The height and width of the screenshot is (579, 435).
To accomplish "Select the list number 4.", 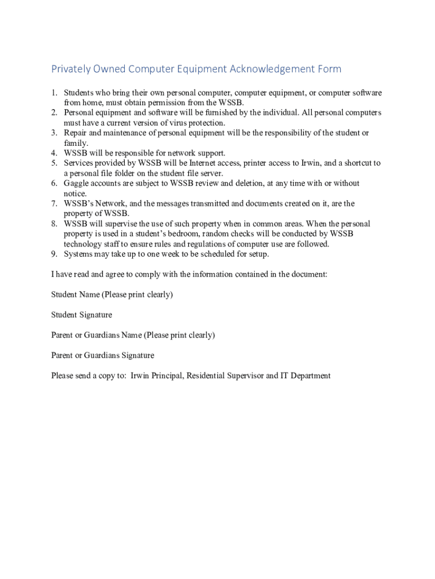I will (55, 153).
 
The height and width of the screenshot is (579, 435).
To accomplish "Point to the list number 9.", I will (55, 254).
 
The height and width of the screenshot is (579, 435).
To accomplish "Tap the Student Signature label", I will (81, 315).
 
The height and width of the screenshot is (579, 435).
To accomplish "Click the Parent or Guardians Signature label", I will (102, 356).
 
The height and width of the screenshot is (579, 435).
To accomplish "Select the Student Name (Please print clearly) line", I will (112, 295).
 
